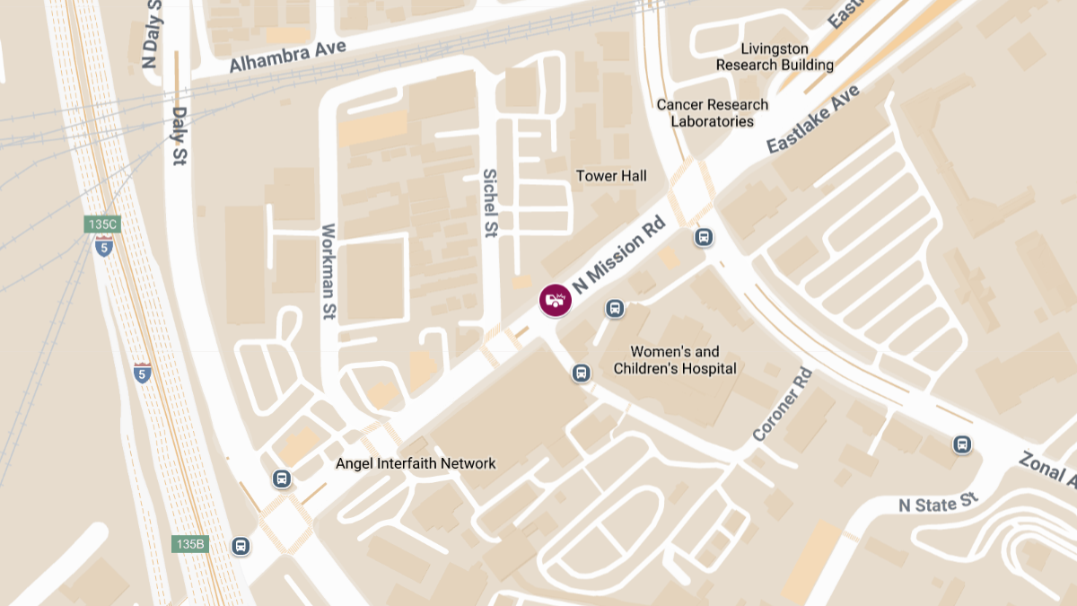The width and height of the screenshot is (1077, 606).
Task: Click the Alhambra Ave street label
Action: coord(288,56)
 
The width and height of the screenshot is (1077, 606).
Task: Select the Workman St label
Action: coord(328,272)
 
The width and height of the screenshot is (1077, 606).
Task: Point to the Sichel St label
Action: coord(490,203)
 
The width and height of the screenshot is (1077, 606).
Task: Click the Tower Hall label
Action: coord(611,176)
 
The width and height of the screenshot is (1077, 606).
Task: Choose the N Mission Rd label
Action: coord(620,255)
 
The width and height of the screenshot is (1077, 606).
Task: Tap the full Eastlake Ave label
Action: coord(813,119)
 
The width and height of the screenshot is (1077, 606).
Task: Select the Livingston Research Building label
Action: coord(775,57)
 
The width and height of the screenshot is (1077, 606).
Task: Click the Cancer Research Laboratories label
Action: coord(713,112)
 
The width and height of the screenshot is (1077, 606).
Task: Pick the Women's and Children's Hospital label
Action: coord(675,360)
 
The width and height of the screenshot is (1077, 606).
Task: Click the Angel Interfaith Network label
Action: coord(416,463)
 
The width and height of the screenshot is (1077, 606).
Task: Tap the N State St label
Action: coord(937,503)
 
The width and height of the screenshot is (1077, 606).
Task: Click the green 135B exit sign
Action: coord(190,544)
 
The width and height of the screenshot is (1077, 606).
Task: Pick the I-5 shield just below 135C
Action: coord(104,246)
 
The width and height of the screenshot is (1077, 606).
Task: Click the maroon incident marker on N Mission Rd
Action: coord(555,300)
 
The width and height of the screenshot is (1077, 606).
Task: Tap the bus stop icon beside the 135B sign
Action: coord(240,545)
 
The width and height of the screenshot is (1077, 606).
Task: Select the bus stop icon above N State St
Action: coord(962,444)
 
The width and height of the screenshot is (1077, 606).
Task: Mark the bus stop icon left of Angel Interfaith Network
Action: coord(282,479)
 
